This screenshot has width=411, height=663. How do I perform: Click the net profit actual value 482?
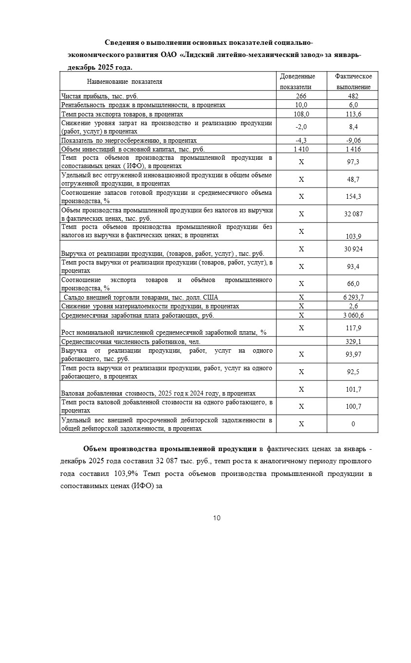pos(353,96)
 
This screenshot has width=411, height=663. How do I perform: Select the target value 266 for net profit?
pos(301,96)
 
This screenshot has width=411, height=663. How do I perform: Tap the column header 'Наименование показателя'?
pos(125,82)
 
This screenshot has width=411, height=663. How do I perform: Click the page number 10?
pos(217,518)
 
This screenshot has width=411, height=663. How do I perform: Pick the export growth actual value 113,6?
pos(353,114)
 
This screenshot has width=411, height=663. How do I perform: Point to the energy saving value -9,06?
pos(353,140)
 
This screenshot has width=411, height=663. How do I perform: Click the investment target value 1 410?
pos(301,149)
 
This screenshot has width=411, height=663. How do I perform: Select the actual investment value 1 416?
pos(353,149)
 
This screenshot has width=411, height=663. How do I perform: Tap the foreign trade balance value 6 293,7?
pos(353,297)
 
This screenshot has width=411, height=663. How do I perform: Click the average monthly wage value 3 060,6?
pos(353,315)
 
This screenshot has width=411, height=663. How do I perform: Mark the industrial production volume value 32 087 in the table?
pos(353,214)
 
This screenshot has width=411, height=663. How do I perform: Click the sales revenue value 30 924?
pos(353,249)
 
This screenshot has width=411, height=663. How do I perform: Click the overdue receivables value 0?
pos(353,424)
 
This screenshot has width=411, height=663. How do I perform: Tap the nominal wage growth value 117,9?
pos(353,328)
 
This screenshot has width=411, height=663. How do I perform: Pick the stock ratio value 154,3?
pos(353,196)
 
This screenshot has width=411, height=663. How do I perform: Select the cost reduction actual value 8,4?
pos(353,127)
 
